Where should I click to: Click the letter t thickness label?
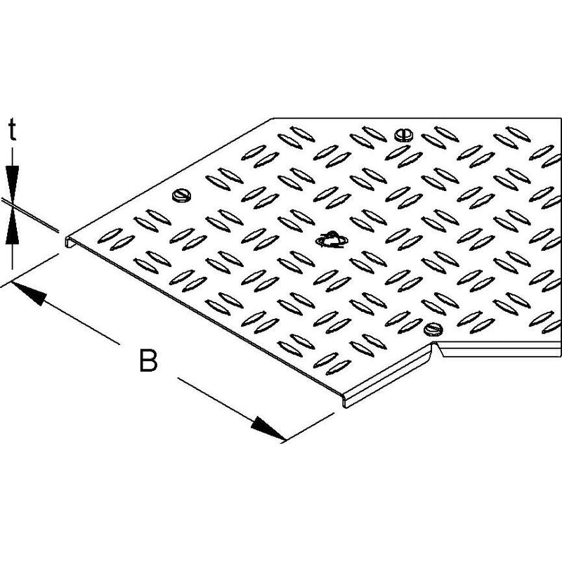pyautogui.click(x=13, y=130)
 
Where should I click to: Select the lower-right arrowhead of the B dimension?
pyautogui.click(x=268, y=427)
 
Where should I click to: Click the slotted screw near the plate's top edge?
pyautogui.click(x=403, y=136)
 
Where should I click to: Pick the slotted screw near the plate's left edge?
pyautogui.click(x=182, y=196)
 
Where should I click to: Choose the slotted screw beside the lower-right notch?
pyautogui.click(x=433, y=329)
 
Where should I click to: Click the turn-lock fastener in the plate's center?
pyautogui.click(x=332, y=240)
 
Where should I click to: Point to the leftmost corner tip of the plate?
pyautogui.click(x=65, y=237)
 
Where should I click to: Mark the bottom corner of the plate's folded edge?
pyautogui.click(x=344, y=407)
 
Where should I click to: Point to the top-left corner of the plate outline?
pyautogui.click(x=273, y=118)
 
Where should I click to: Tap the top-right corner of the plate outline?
pyautogui.click(x=561, y=118)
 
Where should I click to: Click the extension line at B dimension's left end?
pyautogui.click(x=30, y=270)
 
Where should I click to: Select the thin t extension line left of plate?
pyautogui.click(x=30, y=216)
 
